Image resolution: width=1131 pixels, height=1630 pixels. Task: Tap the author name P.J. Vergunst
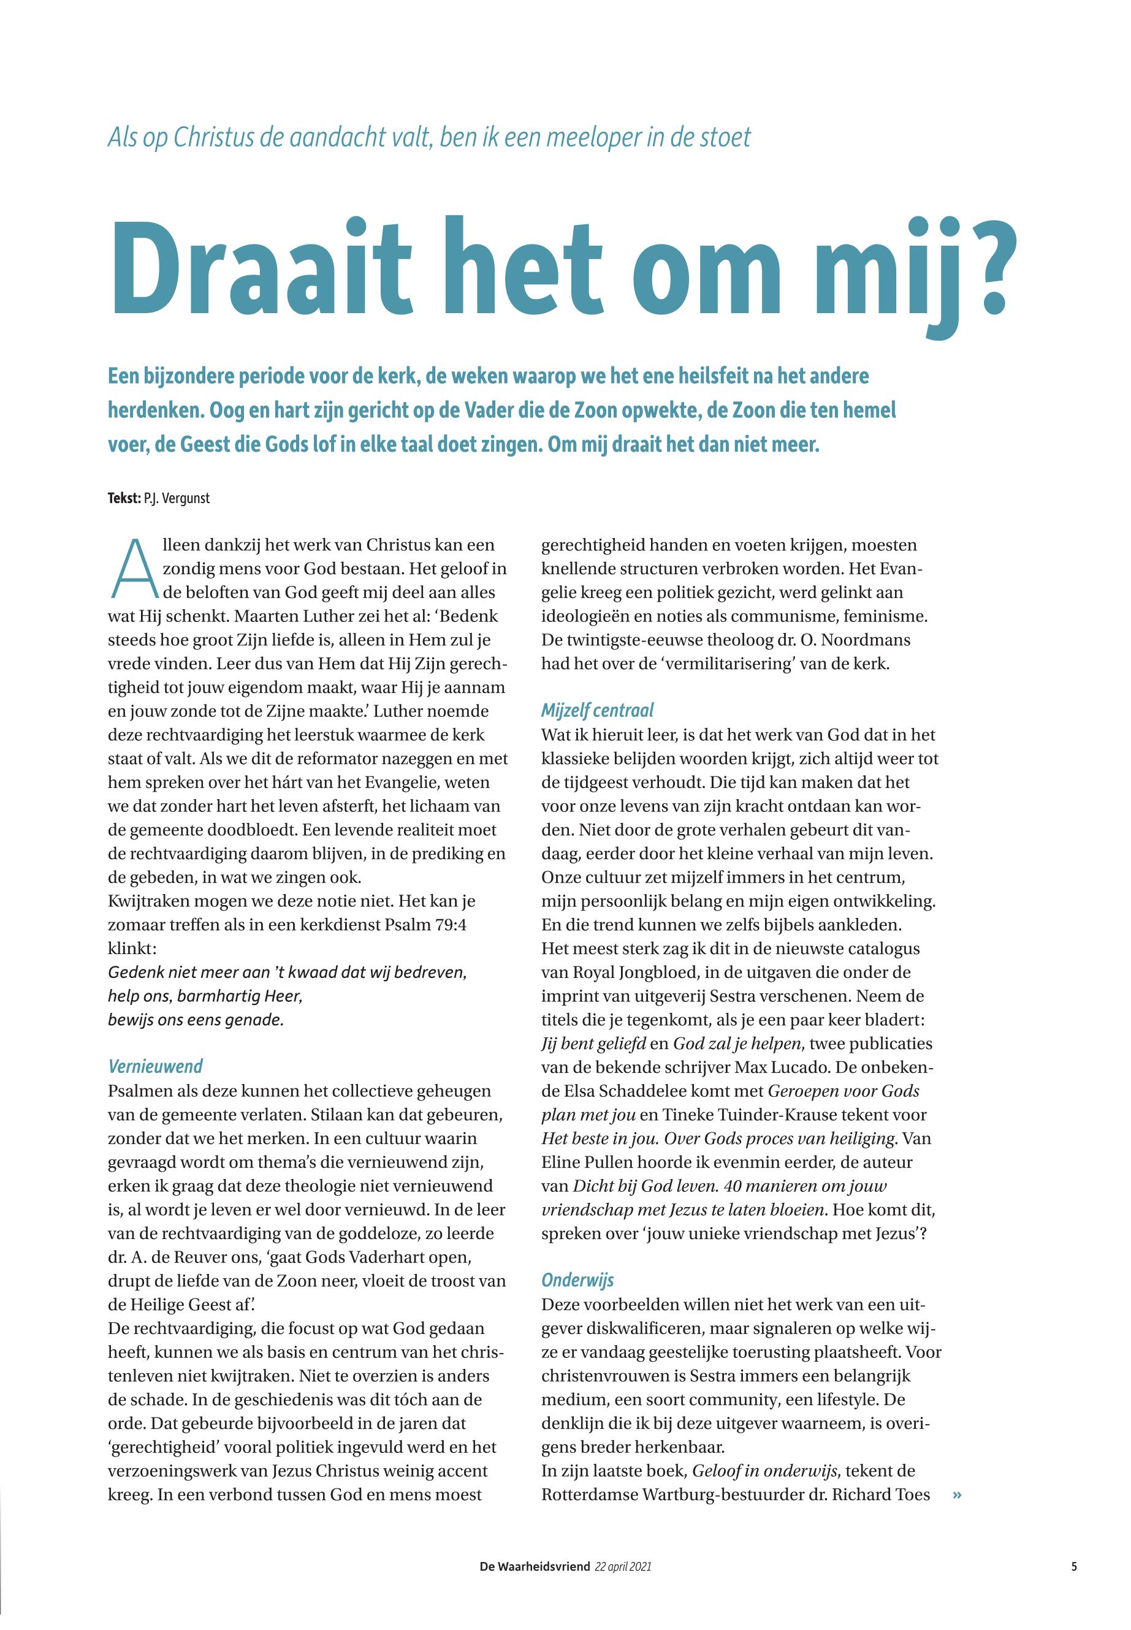tap(177, 499)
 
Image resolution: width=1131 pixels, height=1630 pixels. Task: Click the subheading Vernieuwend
tap(155, 1067)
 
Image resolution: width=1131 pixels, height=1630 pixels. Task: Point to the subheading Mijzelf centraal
tap(598, 710)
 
